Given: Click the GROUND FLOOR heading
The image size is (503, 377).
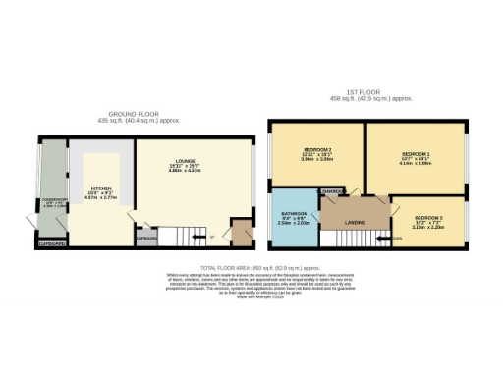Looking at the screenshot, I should [x=140, y=113].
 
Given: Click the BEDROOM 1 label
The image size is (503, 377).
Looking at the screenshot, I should [x=416, y=155].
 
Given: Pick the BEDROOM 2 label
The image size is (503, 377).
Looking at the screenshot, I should [x=316, y=149].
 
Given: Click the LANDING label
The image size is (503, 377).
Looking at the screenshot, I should [x=356, y=223].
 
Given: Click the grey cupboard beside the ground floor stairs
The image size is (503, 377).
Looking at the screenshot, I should [x=146, y=238].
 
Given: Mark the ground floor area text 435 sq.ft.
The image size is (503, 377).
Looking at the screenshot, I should [x=140, y=120].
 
